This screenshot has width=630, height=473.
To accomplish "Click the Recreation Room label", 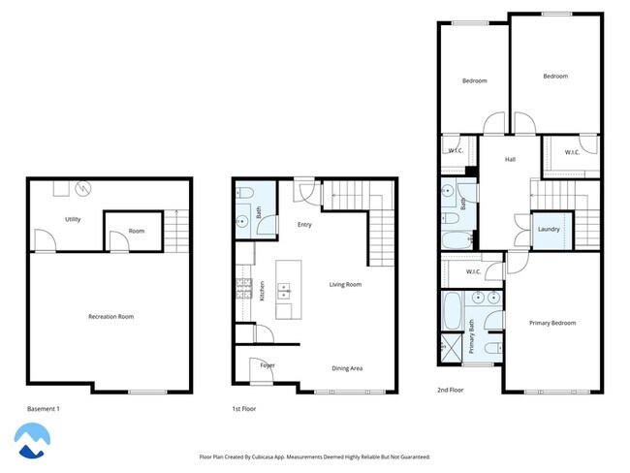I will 110,317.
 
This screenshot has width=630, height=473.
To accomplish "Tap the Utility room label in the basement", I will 73,219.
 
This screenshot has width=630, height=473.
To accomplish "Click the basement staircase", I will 174,231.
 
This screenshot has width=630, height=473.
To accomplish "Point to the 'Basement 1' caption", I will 44,409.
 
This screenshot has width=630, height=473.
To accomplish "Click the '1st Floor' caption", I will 244,409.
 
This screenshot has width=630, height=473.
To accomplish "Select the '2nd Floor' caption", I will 451,390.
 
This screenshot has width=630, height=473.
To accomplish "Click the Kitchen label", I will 262,291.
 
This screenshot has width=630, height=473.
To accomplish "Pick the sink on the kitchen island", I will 284,288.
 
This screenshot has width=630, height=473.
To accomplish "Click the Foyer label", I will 268,365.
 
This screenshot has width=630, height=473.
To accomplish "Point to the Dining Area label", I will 347,368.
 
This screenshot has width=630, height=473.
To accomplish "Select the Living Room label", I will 345,284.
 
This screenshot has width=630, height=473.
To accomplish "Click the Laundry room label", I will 548,229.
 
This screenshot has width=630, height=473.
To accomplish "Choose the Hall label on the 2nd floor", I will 510,160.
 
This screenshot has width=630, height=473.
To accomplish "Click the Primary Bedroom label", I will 552,323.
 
